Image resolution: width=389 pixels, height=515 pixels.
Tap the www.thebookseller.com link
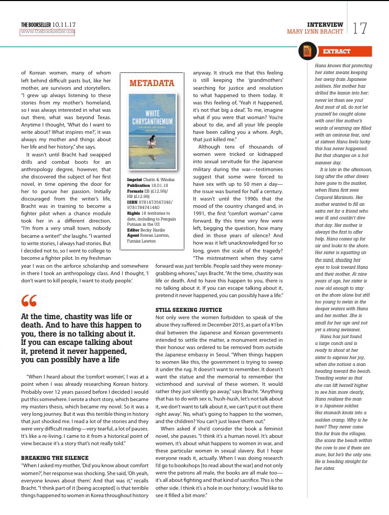click(48, 31)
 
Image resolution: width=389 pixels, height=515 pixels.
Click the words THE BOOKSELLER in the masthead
click(36, 24)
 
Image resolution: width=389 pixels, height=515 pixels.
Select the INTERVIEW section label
click(325, 24)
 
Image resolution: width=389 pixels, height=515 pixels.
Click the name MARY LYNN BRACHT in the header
click(315, 31)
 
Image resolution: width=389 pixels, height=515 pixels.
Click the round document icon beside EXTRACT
click(307, 50)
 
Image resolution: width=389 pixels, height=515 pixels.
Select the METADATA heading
click(152, 83)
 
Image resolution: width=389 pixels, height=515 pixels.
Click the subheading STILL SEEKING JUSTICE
click(189, 310)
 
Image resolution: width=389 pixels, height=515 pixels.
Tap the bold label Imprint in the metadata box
click(135, 180)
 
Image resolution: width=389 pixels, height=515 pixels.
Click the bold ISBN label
click(133, 201)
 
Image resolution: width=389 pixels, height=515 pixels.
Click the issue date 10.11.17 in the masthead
click(64, 24)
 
